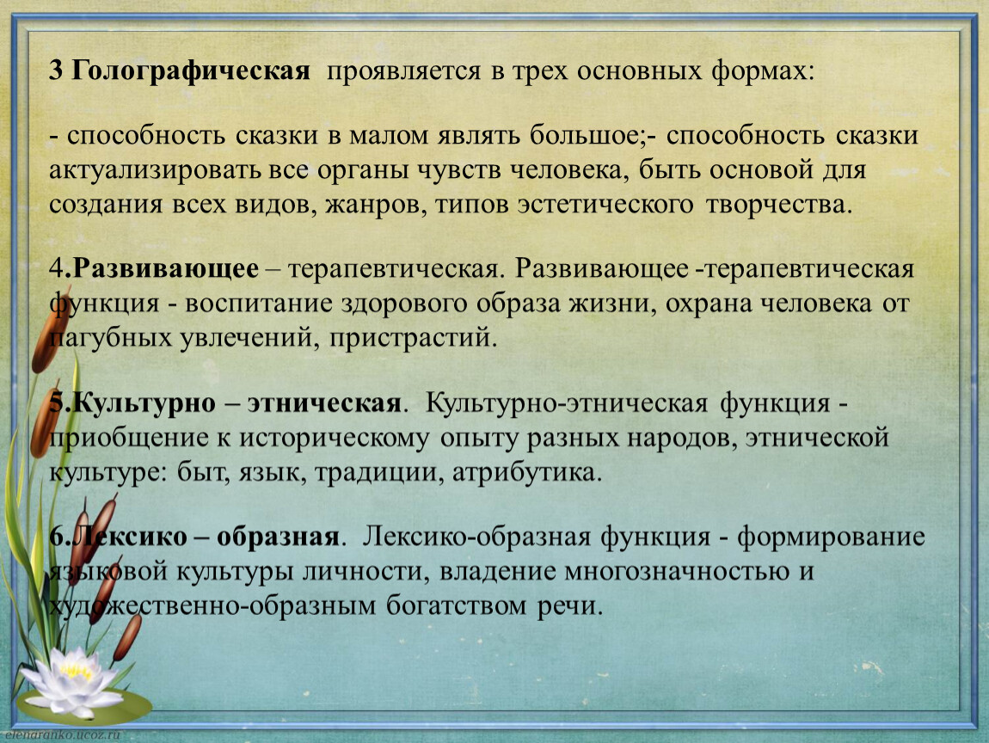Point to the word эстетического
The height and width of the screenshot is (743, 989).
point(605,205)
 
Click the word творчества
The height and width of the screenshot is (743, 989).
point(779,205)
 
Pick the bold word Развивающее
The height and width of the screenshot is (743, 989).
point(166,269)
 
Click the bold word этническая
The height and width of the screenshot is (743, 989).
point(324,403)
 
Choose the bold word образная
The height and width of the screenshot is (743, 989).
point(278,537)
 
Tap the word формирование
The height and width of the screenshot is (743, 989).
point(832,537)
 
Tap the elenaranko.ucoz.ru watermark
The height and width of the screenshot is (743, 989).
point(62,735)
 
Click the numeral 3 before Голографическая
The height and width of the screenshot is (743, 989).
point(56,71)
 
